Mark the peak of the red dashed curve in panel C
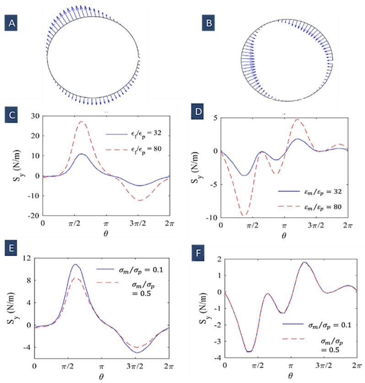[82, 122]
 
